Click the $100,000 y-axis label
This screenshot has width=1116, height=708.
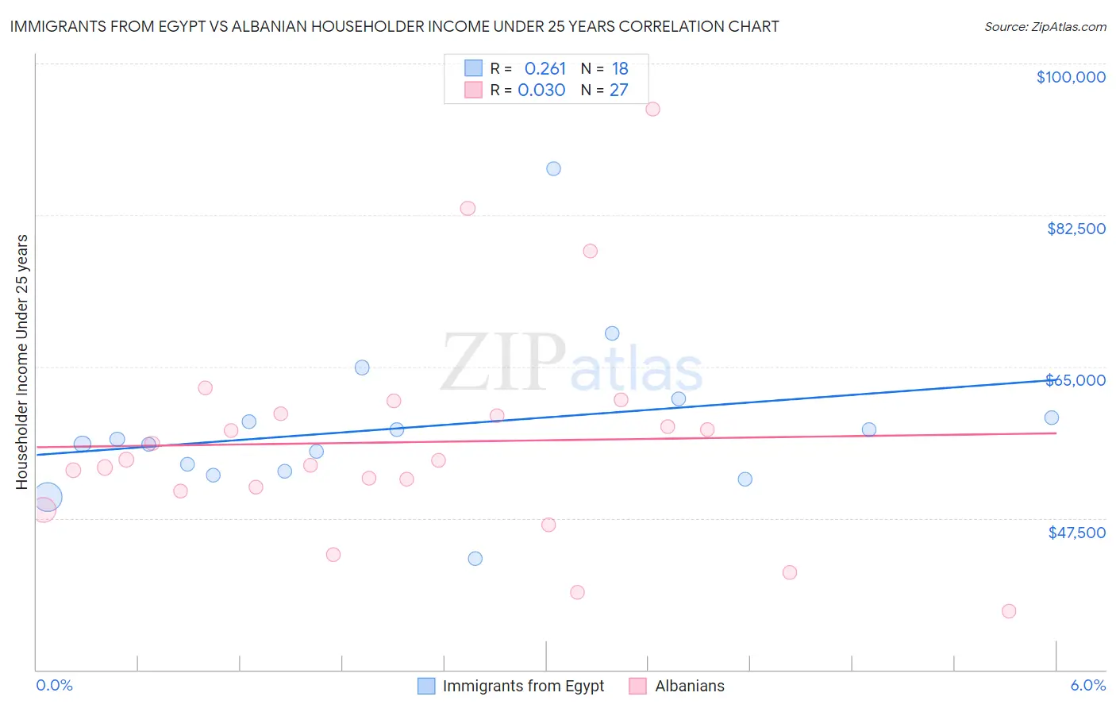point(1071,77)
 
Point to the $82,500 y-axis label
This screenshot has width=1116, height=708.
point(1076,229)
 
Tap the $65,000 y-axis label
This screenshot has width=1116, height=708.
point(1076,380)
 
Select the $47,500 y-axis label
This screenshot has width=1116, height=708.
point(1076,533)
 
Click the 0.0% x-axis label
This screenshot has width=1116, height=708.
point(54,685)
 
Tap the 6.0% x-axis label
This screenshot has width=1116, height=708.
point(1087,685)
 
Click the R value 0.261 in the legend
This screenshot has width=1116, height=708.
point(545,69)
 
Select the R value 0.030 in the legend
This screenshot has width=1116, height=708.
point(541,90)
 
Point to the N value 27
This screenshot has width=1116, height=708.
point(618,90)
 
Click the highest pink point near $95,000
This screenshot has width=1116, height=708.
point(652,110)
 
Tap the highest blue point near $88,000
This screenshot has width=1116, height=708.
point(553,169)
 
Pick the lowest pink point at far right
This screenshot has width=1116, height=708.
point(1009,611)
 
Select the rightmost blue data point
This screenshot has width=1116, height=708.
point(1052,418)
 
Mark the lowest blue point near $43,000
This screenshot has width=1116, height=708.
point(475,559)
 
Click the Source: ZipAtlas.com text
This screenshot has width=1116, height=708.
point(1045,27)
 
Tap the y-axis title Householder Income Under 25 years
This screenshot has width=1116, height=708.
point(22,361)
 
